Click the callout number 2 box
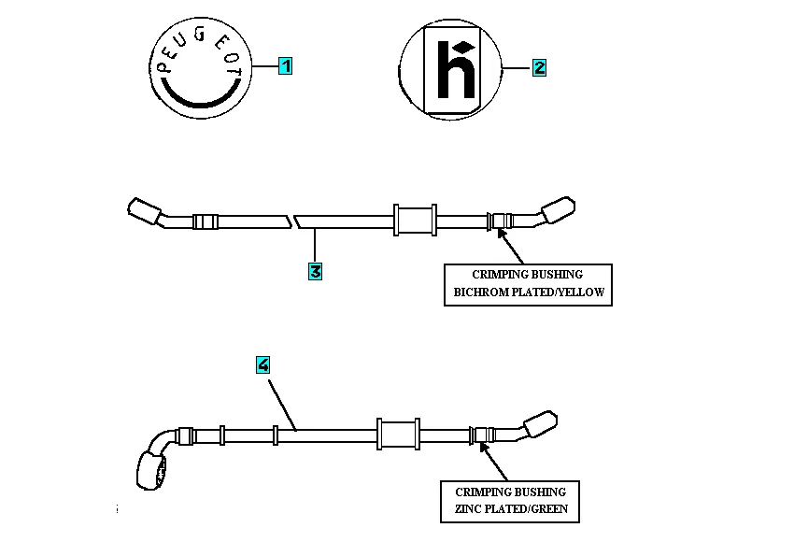[x=539, y=67]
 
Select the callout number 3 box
[x=315, y=271]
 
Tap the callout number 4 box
[x=263, y=365]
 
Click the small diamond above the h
[x=461, y=47]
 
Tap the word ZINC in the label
[x=469, y=510]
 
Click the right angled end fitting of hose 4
[x=540, y=425]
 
